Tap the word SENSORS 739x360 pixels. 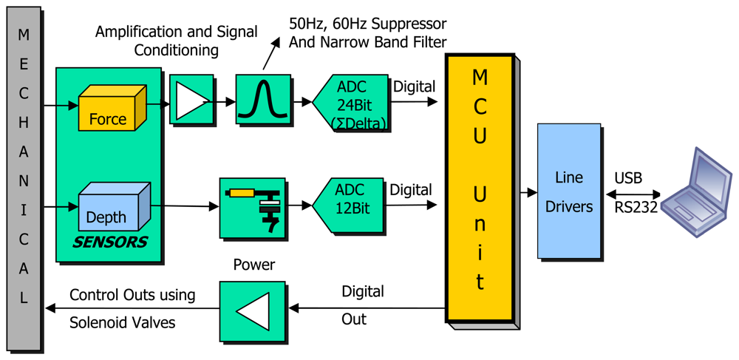(109, 242)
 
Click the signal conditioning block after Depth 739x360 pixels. (253, 207)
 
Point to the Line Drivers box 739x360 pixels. (569, 191)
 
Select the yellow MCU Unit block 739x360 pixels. (480, 188)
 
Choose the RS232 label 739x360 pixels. (636, 208)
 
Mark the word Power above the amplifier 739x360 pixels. (254, 265)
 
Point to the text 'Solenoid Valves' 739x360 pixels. (122, 323)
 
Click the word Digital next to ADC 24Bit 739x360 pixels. (415, 86)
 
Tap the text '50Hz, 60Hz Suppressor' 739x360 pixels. (367, 23)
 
